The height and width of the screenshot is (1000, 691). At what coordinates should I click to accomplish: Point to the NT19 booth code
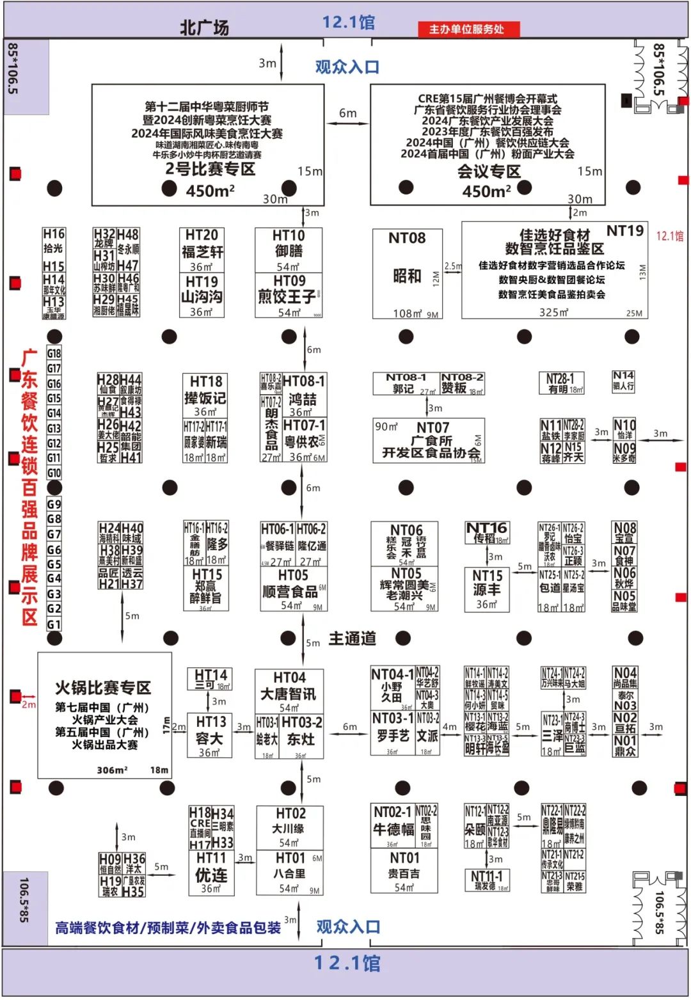click(x=624, y=231)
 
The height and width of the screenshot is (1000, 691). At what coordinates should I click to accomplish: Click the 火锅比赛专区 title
click(x=103, y=688)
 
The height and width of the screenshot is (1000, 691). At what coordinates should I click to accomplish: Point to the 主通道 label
click(x=353, y=639)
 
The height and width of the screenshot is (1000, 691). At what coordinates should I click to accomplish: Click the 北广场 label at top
click(x=204, y=28)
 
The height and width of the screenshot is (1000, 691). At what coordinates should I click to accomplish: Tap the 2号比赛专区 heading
click(x=210, y=169)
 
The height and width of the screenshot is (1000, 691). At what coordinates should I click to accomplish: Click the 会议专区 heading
click(x=489, y=171)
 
